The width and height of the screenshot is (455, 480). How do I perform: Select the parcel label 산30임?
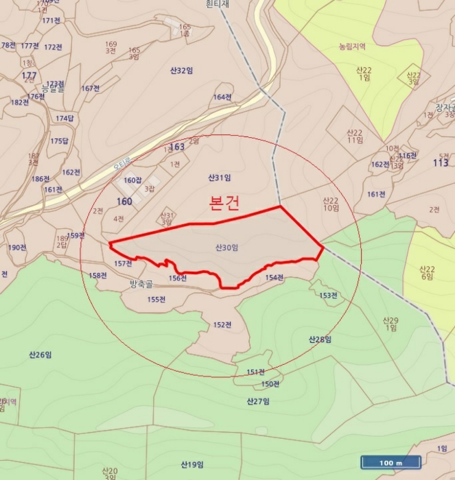pos(226,248)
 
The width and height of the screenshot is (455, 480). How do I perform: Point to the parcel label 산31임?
pos(219,178)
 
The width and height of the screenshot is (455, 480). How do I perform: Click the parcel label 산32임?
pos(181,70)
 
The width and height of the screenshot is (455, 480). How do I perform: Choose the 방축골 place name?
pos(142,283)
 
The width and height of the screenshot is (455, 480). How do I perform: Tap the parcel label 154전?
pos(274,278)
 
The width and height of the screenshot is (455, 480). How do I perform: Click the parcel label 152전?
pos(222,324)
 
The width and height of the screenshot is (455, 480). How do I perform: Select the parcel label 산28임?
pos(320,339)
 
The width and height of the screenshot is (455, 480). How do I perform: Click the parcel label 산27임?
pos(257,401)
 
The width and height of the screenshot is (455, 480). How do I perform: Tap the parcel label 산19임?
pos(193,464)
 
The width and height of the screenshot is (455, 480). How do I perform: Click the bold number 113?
pos(440,163)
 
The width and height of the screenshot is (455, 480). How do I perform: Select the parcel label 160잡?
pos(132,180)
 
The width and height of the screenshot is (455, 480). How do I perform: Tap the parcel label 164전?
pos(222,97)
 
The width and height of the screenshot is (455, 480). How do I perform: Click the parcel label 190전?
pos(17,248)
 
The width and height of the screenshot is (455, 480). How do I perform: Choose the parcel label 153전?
pos(328,296)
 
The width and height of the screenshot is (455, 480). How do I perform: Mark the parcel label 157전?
pos(123,263)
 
